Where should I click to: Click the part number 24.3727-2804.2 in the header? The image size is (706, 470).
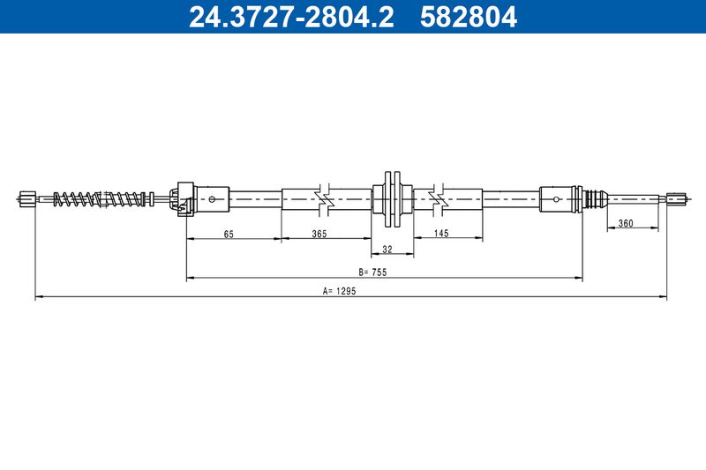tap(291, 17)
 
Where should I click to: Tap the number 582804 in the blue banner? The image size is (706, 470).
tap(469, 17)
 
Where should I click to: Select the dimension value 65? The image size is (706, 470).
tap(229, 234)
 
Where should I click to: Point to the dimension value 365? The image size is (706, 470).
tap(319, 234)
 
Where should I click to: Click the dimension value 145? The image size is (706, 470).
tap(441, 233)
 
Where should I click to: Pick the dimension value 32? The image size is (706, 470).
tap(387, 250)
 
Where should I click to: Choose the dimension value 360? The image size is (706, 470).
tap(626, 223)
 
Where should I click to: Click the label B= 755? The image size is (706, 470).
tap(372, 272)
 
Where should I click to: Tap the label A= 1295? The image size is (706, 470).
tap(340, 291)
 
